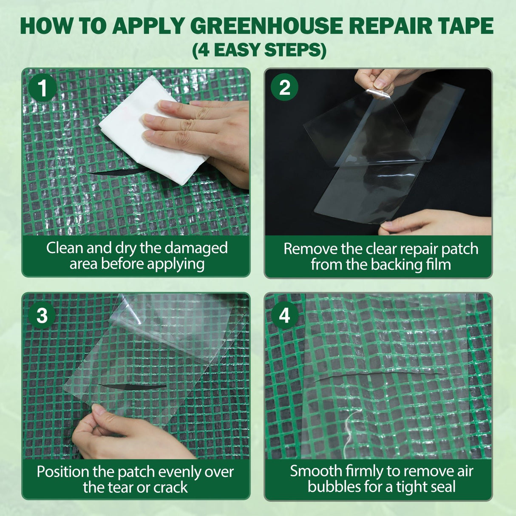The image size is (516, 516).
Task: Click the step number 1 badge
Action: pyautogui.click(x=43, y=88)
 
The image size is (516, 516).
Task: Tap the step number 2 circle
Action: pyautogui.click(x=284, y=88)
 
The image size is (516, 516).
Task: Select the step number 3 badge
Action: pyautogui.click(x=42, y=316)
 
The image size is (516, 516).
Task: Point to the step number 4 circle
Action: pyautogui.click(x=284, y=315)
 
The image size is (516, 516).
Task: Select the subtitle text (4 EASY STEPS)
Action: pyautogui.click(x=259, y=50)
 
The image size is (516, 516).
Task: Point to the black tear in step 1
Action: pyautogui.click(x=111, y=172)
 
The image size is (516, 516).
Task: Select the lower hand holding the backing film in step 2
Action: pyautogui.click(x=429, y=223)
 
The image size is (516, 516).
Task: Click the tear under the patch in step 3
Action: pyautogui.click(x=132, y=387)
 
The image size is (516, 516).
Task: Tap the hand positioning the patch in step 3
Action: pyautogui.click(x=123, y=436)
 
